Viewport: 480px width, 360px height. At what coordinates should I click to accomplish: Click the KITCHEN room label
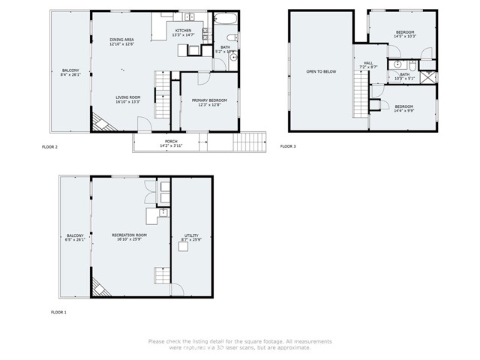(x=183, y=31)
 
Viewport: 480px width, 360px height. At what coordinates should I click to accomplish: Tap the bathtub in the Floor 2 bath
(x=223, y=20)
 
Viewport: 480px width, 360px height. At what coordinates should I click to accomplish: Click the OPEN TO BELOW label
(x=319, y=72)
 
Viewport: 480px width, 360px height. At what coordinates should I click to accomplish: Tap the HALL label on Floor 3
(x=367, y=63)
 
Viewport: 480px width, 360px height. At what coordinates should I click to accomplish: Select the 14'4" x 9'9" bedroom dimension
(x=403, y=110)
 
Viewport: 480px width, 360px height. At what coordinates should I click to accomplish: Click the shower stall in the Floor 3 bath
(x=427, y=77)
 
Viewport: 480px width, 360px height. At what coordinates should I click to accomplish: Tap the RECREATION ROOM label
(x=129, y=235)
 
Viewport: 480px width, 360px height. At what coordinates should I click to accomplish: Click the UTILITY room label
(x=191, y=235)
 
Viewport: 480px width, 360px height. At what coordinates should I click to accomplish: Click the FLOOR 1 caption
(x=58, y=311)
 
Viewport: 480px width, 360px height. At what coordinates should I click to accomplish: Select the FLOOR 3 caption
(x=288, y=146)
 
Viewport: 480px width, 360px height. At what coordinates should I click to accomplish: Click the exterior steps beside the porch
(x=250, y=141)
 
